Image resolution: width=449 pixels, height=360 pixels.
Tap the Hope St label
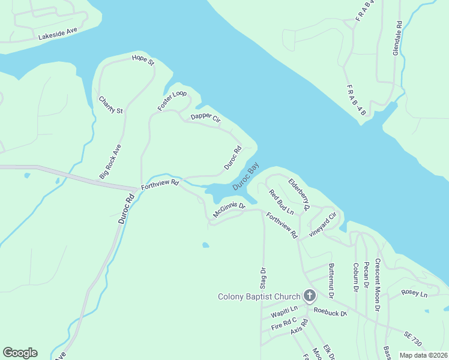click(x=143, y=61)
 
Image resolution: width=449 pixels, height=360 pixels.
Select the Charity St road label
click(x=110, y=106)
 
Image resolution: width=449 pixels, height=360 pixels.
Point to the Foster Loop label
click(x=172, y=100)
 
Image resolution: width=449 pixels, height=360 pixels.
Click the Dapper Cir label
click(x=206, y=119)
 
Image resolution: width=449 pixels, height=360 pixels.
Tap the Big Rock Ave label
click(x=110, y=161)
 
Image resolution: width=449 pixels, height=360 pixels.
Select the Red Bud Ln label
click(x=281, y=202)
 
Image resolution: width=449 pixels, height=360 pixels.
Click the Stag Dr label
click(x=262, y=278)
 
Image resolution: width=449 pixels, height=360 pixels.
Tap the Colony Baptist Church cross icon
click(x=310, y=295)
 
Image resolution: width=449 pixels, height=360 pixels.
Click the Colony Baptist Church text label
click(x=259, y=296)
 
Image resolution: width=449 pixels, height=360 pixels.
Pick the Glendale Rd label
click(x=397, y=39)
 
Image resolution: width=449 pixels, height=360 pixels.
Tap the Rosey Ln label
click(x=415, y=294)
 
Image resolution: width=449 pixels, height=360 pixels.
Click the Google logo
click(x=20, y=353)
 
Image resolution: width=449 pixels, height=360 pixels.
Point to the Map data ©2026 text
click(x=424, y=355)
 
